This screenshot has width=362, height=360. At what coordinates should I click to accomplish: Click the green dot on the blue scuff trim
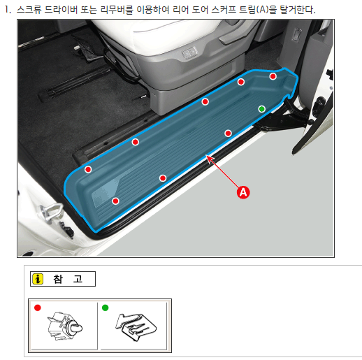(x=262, y=109)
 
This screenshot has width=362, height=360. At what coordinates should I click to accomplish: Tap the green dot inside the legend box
(x=106, y=308)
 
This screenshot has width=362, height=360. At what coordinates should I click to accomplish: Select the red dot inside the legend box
(x=38, y=308)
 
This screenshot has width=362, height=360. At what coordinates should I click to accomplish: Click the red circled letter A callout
(x=243, y=192)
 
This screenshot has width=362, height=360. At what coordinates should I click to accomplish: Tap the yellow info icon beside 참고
(x=38, y=279)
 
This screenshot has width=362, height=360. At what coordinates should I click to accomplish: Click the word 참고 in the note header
(x=68, y=279)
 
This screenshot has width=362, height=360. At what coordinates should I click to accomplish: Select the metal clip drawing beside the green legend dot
(x=136, y=327)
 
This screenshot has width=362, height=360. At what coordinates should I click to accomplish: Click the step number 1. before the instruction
(x=8, y=10)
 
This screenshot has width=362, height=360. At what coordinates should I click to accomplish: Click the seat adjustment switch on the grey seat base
(x=189, y=52)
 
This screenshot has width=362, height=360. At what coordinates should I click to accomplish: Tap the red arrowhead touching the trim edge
(x=210, y=159)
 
